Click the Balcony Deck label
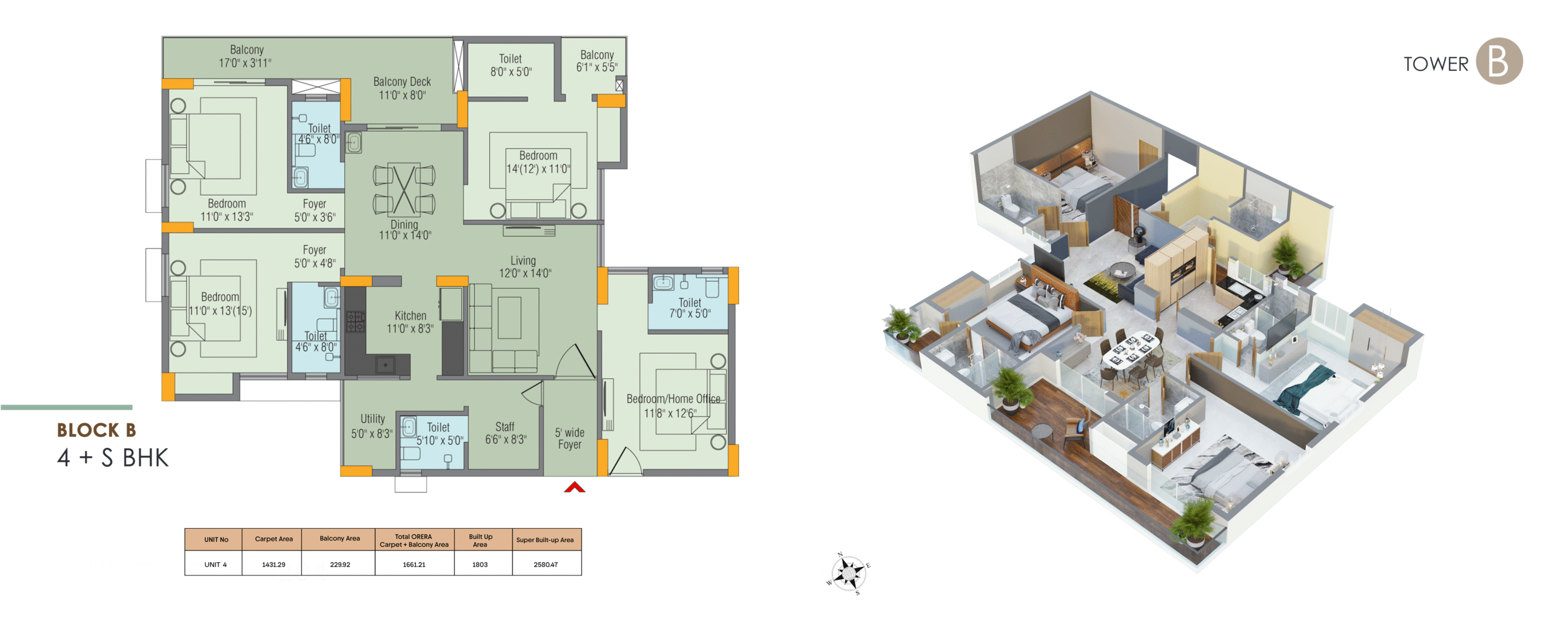point(402,88)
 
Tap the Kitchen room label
point(410,322)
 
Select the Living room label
point(524,267)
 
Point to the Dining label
point(404,229)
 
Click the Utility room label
point(372,426)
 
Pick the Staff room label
point(505,433)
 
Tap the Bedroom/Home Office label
point(673,406)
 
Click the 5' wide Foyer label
point(570,438)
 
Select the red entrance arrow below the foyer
point(575,487)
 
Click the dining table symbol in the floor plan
point(404,189)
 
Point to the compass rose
point(849,573)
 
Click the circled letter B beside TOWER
point(1499,61)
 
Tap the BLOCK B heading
point(96,430)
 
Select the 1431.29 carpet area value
point(273,565)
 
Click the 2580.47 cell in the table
point(546,565)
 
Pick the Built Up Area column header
point(480,540)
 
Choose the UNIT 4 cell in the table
point(215,565)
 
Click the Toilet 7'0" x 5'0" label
point(690,307)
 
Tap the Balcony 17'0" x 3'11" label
point(246,56)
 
